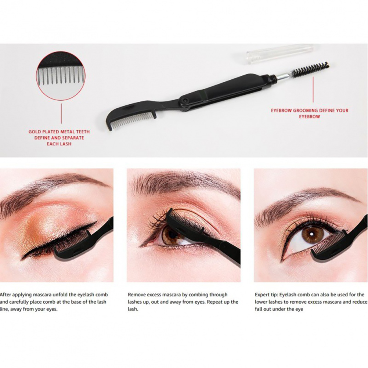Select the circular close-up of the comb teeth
(61, 76)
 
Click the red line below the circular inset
(61, 113)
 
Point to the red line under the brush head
(313, 89)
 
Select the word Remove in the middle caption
(136, 295)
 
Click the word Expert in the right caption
(263, 295)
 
